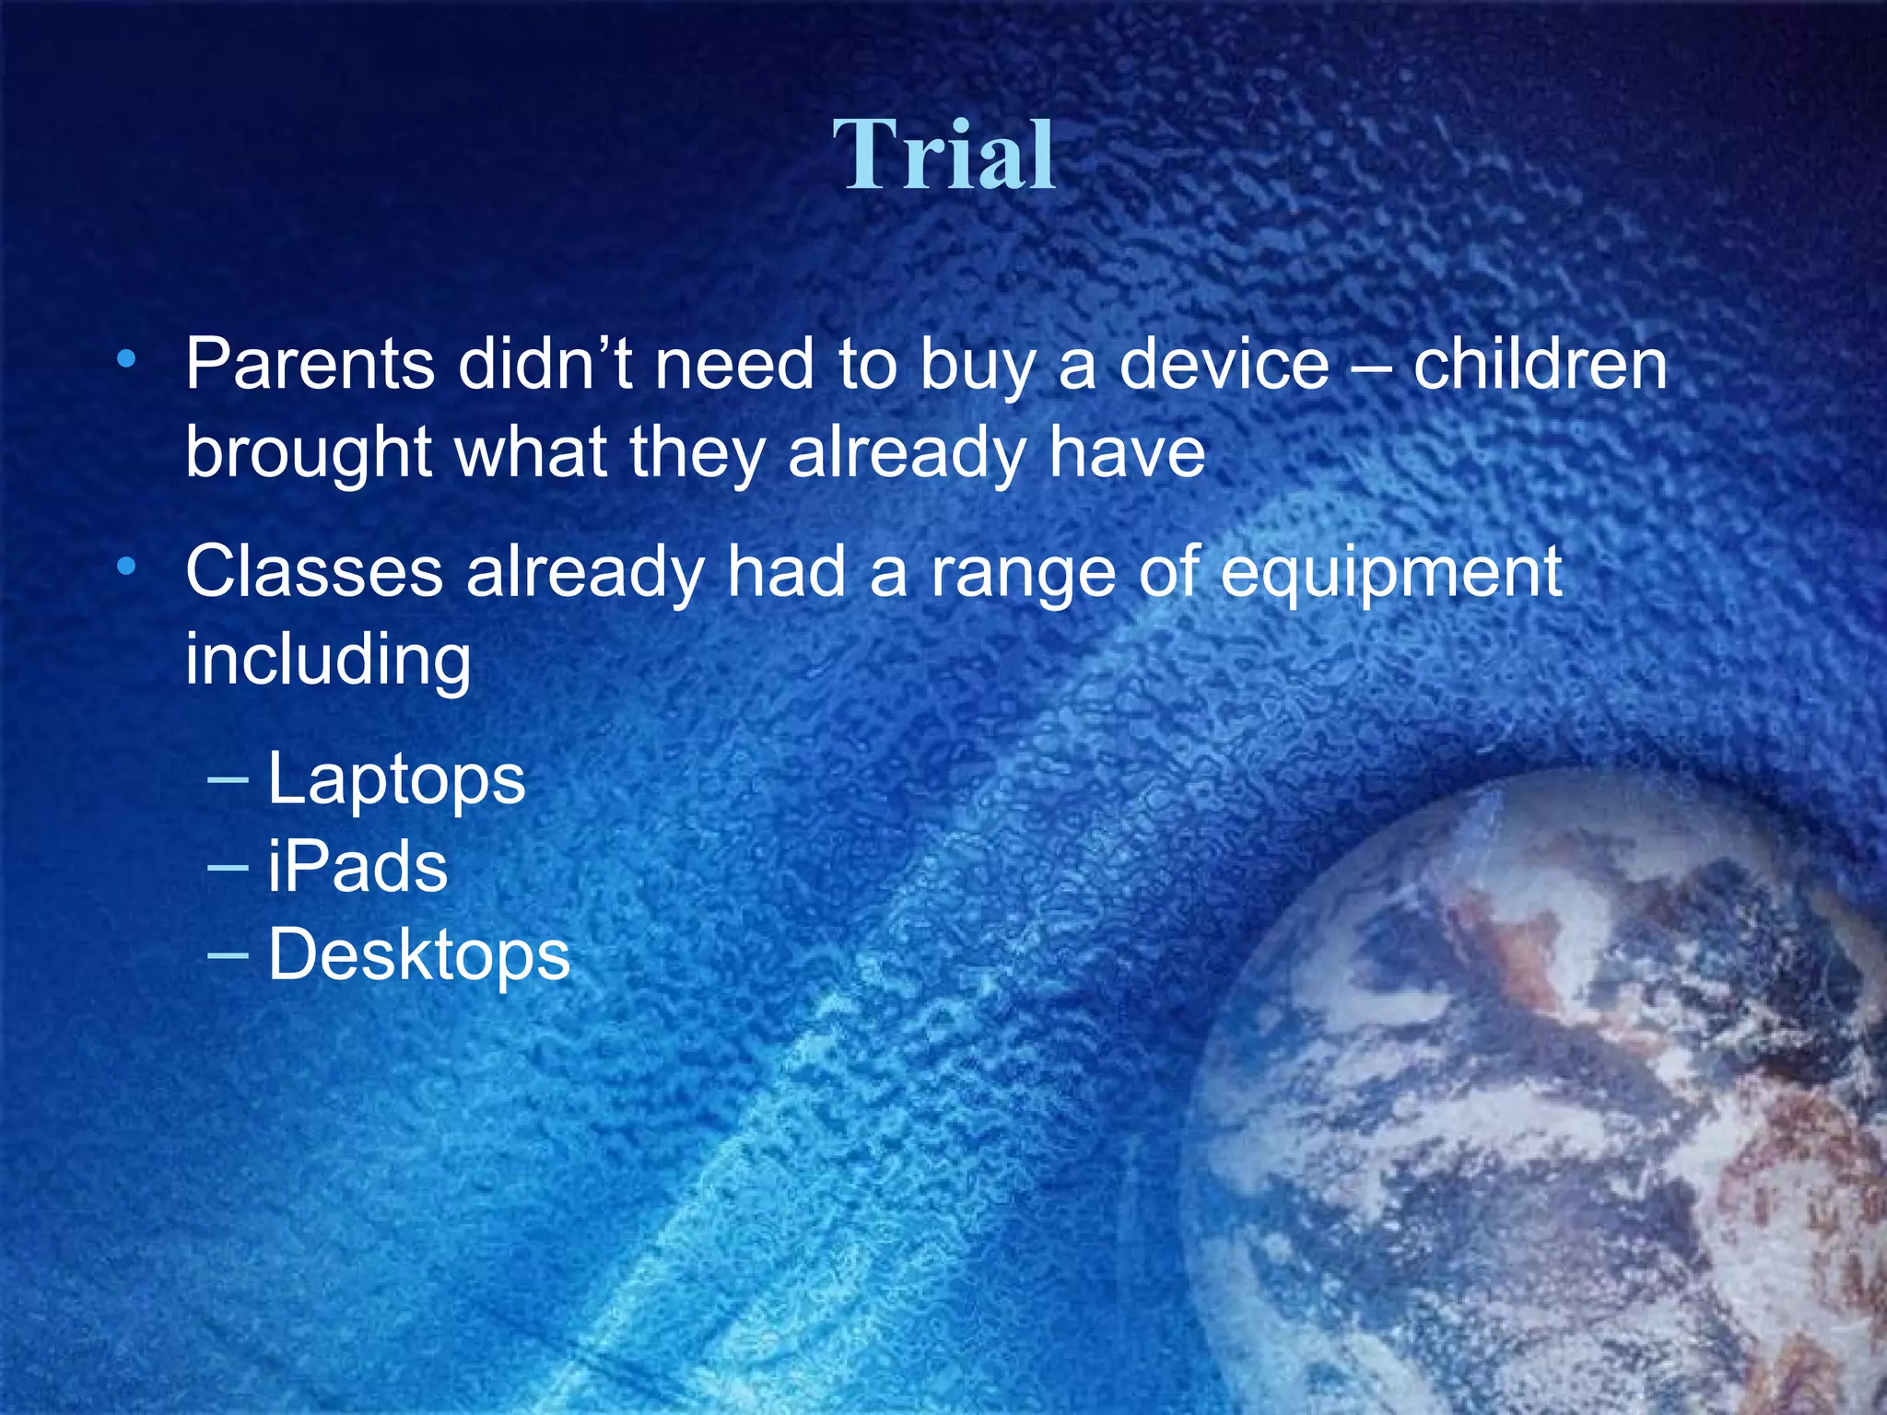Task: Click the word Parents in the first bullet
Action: pos(310,365)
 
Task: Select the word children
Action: pos(1540,365)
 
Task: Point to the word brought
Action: pos(309,453)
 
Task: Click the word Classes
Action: pos(314,572)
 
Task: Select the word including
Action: pos(328,661)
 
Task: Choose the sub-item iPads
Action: pos(357,867)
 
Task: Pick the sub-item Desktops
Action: pos(418,955)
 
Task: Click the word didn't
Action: pos(545,365)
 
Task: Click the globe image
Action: pos(1566,1105)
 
